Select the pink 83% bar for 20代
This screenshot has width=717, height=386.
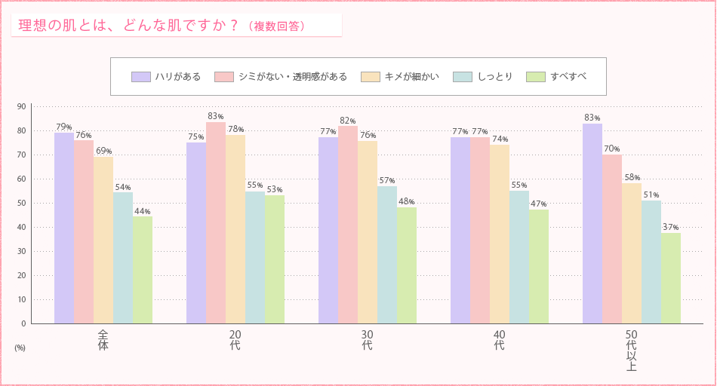[x=216, y=222]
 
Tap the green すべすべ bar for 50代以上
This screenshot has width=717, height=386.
[x=671, y=278]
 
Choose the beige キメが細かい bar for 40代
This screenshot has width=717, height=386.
[x=500, y=234]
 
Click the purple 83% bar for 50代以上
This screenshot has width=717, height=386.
[x=592, y=223]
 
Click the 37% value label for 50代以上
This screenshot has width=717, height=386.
[x=671, y=227]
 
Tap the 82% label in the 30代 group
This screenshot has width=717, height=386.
[x=348, y=121]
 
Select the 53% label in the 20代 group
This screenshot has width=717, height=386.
[x=275, y=190]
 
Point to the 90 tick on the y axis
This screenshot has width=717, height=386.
[x=23, y=106]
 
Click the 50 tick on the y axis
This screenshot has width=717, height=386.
[x=23, y=203]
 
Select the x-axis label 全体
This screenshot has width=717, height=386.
[x=103, y=339]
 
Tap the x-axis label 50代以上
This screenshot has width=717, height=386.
[x=631, y=350]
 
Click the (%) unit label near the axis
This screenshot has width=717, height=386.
[x=20, y=348]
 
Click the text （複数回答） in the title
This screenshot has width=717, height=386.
[x=276, y=26]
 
